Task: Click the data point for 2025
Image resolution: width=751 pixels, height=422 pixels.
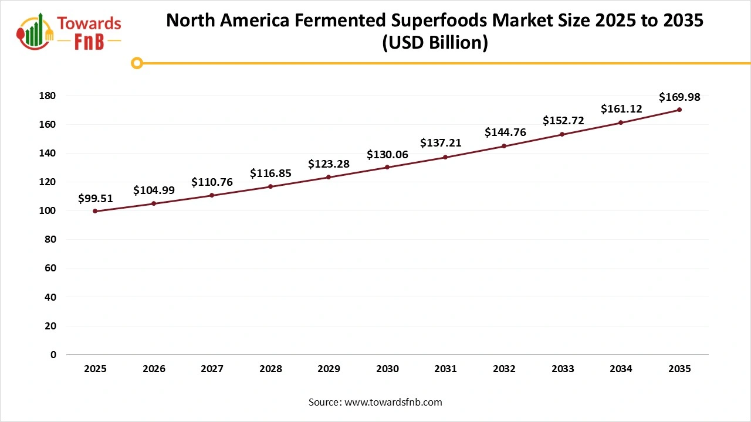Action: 95,211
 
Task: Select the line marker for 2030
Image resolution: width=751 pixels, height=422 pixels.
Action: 387,167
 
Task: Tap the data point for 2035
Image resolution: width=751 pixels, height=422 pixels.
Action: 679,110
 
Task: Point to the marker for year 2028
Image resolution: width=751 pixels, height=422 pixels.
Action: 270,186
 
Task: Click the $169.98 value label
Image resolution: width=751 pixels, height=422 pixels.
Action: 679,97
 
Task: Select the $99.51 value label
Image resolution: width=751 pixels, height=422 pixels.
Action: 95,199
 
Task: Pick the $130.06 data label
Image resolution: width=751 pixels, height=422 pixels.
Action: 387,155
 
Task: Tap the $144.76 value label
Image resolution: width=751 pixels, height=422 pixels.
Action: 505,132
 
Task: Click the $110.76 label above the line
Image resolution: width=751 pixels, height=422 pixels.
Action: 212,182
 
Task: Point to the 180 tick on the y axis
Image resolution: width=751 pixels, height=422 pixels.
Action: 48,96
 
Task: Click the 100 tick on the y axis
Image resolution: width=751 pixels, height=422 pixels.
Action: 48,210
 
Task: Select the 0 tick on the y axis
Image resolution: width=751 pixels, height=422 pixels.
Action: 53,355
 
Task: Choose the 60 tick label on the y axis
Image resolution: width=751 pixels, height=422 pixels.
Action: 50,268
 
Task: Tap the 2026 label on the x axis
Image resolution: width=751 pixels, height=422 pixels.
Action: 154,369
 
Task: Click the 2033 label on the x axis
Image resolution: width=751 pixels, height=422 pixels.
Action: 563,369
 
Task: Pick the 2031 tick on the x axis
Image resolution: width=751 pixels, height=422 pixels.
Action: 446,369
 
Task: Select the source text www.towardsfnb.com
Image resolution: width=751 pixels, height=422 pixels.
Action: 393,402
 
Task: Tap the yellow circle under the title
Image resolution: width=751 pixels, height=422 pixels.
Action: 137,63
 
